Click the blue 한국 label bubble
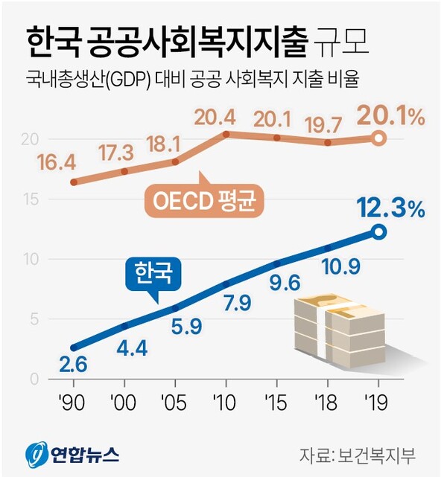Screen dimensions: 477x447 pyautogui.click(x=153, y=275)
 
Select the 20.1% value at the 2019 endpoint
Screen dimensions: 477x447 pyautogui.click(x=390, y=117)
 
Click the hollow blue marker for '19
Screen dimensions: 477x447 pyautogui.click(x=378, y=233)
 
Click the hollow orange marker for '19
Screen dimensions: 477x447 pyautogui.click(x=378, y=138)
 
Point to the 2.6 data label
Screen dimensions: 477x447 pyautogui.click(x=74, y=365)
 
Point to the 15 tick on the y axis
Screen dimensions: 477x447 pyautogui.click(x=30, y=199)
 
